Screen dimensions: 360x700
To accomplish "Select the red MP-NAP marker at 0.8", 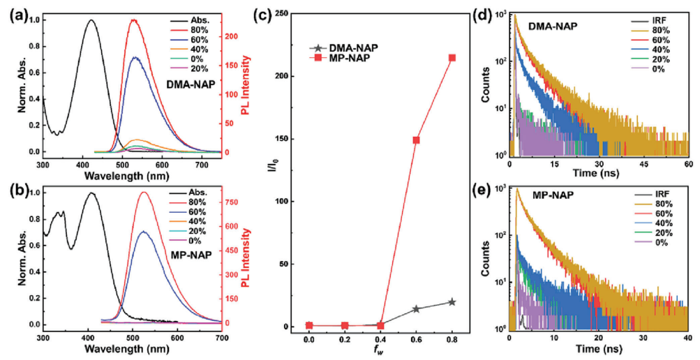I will point(452,58).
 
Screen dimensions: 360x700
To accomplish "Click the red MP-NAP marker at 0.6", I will point(416,140).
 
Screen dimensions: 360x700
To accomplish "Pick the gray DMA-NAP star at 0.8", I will point(452,302).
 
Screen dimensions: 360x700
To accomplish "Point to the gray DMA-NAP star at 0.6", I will point(416,309).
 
